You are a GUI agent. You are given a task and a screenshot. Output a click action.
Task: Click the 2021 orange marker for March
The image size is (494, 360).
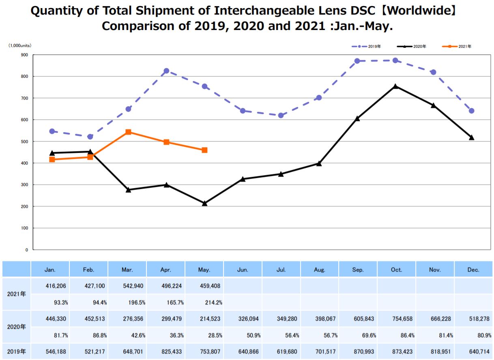coord(128,132)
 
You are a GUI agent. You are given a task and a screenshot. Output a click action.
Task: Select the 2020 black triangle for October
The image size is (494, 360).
coord(395,86)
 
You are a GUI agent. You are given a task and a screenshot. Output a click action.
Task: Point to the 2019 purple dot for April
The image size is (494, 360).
coord(166,71)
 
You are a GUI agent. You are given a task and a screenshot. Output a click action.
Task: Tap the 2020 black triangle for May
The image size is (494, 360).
coord(204,203)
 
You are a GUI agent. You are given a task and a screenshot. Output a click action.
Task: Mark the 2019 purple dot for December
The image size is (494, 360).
coord(471,111)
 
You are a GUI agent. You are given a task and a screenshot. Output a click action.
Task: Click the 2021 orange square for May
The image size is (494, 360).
coord(204,150)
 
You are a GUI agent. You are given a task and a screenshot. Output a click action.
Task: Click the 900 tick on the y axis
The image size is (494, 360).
coord(25,55)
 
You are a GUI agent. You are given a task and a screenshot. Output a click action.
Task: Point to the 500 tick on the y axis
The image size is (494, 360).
coord(25,141)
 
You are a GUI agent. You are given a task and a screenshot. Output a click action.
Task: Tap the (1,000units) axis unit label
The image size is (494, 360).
coord(20,46)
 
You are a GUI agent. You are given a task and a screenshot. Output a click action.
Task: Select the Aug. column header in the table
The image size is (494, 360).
coord(320,270)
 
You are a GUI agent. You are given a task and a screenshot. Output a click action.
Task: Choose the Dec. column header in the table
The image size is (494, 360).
coord(473,270)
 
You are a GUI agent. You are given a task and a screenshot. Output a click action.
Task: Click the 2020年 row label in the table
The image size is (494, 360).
coord(16,327)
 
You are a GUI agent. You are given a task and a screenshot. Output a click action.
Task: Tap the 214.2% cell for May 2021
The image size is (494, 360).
coord(213,302)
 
